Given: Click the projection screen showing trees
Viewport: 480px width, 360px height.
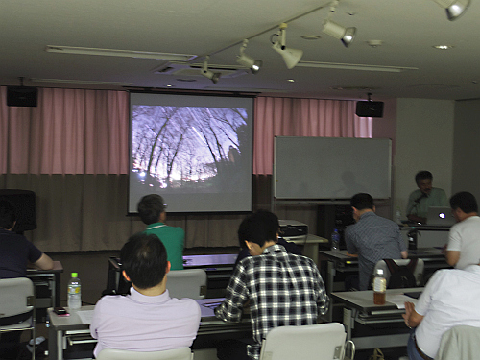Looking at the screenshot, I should click(191, 151).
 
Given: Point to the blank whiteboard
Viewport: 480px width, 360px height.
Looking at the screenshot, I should click(332, 168).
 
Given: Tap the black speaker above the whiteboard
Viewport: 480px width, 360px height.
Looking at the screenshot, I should click(370, 108).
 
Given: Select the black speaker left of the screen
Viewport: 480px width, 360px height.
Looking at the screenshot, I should click(22, 96).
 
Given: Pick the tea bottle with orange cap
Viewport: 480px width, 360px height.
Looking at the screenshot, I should click(379, 285).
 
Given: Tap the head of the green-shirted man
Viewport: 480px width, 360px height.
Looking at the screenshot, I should click(151, 208).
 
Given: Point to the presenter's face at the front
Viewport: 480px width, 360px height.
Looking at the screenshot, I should click(423, 181).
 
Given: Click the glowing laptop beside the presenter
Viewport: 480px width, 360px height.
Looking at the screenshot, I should click(439, 217).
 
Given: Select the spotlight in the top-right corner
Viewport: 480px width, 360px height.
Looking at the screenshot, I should click(454, 9).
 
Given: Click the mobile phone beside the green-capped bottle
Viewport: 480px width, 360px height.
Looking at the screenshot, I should click(60, 311).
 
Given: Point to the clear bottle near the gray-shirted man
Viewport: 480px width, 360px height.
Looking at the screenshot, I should click(335, 239).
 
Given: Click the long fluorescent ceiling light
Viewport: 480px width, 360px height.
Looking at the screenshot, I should click(120, 54).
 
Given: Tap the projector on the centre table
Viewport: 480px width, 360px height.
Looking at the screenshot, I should click(292, 231).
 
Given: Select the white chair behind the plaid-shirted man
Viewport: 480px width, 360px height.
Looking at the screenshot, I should click(304, 343).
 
